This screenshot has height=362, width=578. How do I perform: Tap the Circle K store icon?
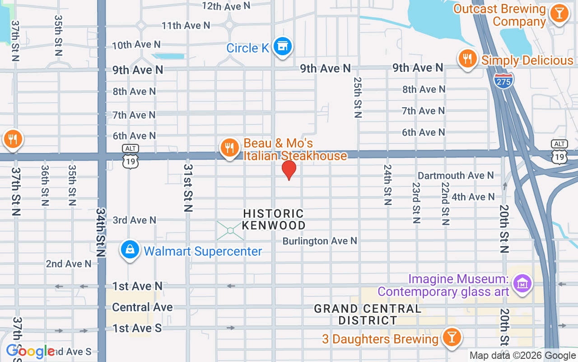pyautogui.click(x=283, y=47)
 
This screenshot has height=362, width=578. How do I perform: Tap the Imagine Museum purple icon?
pyautogui.click(x=522, y=284)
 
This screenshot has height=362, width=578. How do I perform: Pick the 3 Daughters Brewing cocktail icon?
pyautogui.click(x=451, y=338)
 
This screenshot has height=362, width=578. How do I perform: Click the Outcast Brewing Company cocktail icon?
pyautogui.click(x=559, y=14)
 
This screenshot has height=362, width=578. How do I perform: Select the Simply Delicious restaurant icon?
pyautogui.click(x=468, y=59)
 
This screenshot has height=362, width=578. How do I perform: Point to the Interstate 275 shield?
pyautogui.click(x=503, y=81)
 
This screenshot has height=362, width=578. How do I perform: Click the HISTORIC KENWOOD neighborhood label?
pyautogui.click(x=274, y=219)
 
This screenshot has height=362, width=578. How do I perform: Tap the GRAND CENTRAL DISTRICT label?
pyautogui.click(x=368, y=314)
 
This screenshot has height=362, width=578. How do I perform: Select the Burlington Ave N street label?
pyautogui.click(x=320, y=241)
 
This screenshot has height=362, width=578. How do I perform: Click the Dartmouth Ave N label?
pyautogui.click(x=456, y=175)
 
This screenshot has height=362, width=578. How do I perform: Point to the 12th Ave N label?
pyautogui.click(x=226, y=6)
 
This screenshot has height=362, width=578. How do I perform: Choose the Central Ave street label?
pyautogui.click(x=142, y=307)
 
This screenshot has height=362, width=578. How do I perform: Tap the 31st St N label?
pyautogui.click(x=188, y=188)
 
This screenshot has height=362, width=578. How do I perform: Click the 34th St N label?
pyautogui.click(x=101, y=233)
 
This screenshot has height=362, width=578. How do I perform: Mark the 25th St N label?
pyautogui.click(x=358, y=97)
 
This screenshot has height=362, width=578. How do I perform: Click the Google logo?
pyautogui.click(x=30, y=351)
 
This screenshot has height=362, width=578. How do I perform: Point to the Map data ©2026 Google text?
pyautogui.click(x=522, y=356)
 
